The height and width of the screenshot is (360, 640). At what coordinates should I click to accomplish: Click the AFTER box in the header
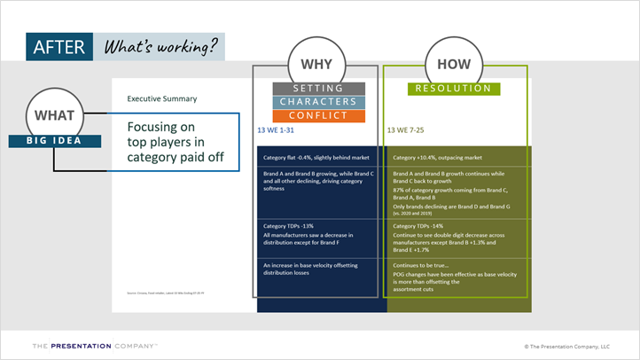point(59,48)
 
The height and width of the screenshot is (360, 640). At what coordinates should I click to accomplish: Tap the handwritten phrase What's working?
point(160,48)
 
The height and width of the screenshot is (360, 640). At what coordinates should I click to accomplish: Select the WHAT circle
point(54,116)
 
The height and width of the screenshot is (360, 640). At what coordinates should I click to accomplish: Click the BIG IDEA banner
point(53,140)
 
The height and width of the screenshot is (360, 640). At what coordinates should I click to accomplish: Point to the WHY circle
point(316,66)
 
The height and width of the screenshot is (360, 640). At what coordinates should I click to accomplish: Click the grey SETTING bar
point(318,89)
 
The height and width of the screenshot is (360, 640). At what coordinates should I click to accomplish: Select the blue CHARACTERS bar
point(318,102)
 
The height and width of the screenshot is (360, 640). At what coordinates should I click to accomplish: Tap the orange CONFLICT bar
point(318,115)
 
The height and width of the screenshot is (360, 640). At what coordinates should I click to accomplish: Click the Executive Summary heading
point(162,98)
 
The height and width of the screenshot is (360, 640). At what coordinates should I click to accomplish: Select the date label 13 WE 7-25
point(409,129)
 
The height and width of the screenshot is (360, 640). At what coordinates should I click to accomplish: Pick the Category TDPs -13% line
point(288,226)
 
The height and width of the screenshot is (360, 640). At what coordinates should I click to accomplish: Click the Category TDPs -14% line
point(418,226)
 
